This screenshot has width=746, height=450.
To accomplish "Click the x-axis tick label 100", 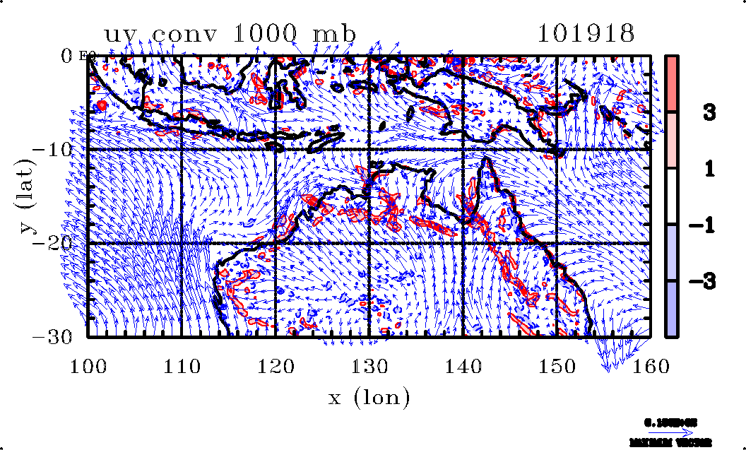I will point(88,366).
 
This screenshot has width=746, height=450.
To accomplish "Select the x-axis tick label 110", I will point(182,366).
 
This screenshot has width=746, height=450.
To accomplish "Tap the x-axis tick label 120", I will point(276,366).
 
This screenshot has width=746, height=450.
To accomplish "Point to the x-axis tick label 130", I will point(369,366).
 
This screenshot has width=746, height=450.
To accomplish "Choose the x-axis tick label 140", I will point(463,366).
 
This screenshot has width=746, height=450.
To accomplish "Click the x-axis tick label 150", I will point(557,366).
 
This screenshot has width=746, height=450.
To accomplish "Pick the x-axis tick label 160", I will point(650,366).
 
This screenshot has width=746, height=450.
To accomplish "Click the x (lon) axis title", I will point(369,398).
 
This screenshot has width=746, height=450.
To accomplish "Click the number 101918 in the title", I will point(586,34).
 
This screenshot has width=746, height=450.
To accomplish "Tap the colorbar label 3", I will point(711,112).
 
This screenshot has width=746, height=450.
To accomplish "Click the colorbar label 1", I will point(711,169).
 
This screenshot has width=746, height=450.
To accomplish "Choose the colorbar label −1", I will point(707,225).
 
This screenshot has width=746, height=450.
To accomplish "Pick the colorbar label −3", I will point(707,281).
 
